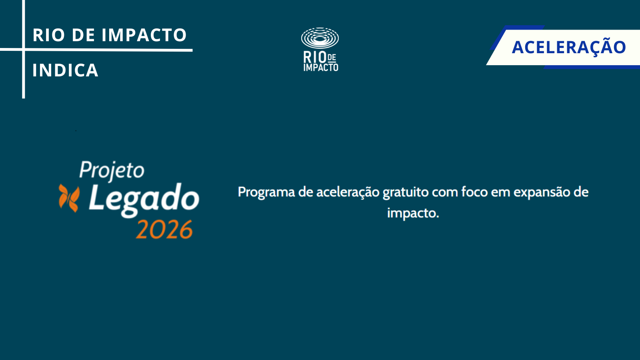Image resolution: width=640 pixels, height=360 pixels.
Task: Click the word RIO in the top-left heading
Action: click(48, 35)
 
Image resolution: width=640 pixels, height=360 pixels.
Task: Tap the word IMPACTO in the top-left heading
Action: click(144, 35)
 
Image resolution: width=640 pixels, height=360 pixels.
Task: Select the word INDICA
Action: click(66, 70)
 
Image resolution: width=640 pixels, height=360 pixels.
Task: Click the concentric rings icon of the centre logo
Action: click(320, 38)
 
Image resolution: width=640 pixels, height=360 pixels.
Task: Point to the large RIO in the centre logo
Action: click(315, 57)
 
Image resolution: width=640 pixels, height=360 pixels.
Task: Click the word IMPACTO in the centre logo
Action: click(321, 68)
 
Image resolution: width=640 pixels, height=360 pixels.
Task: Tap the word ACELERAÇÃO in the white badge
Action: click(568, 48)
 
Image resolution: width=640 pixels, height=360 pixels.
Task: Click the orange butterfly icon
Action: click(69, 198)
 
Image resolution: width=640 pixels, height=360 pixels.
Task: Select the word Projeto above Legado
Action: click(112, 171)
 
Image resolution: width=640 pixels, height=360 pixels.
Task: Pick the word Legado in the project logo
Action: click(144, 200)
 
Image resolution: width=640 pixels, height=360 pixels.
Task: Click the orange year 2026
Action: click(164, 230)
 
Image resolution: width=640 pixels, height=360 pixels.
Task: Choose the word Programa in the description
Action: click(266, 192)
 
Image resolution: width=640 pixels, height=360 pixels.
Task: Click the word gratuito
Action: click(406, 192)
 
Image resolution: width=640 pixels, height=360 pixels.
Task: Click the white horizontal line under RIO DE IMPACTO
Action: click(96, 50)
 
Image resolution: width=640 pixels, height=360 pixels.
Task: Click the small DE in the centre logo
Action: click(332, 58)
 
